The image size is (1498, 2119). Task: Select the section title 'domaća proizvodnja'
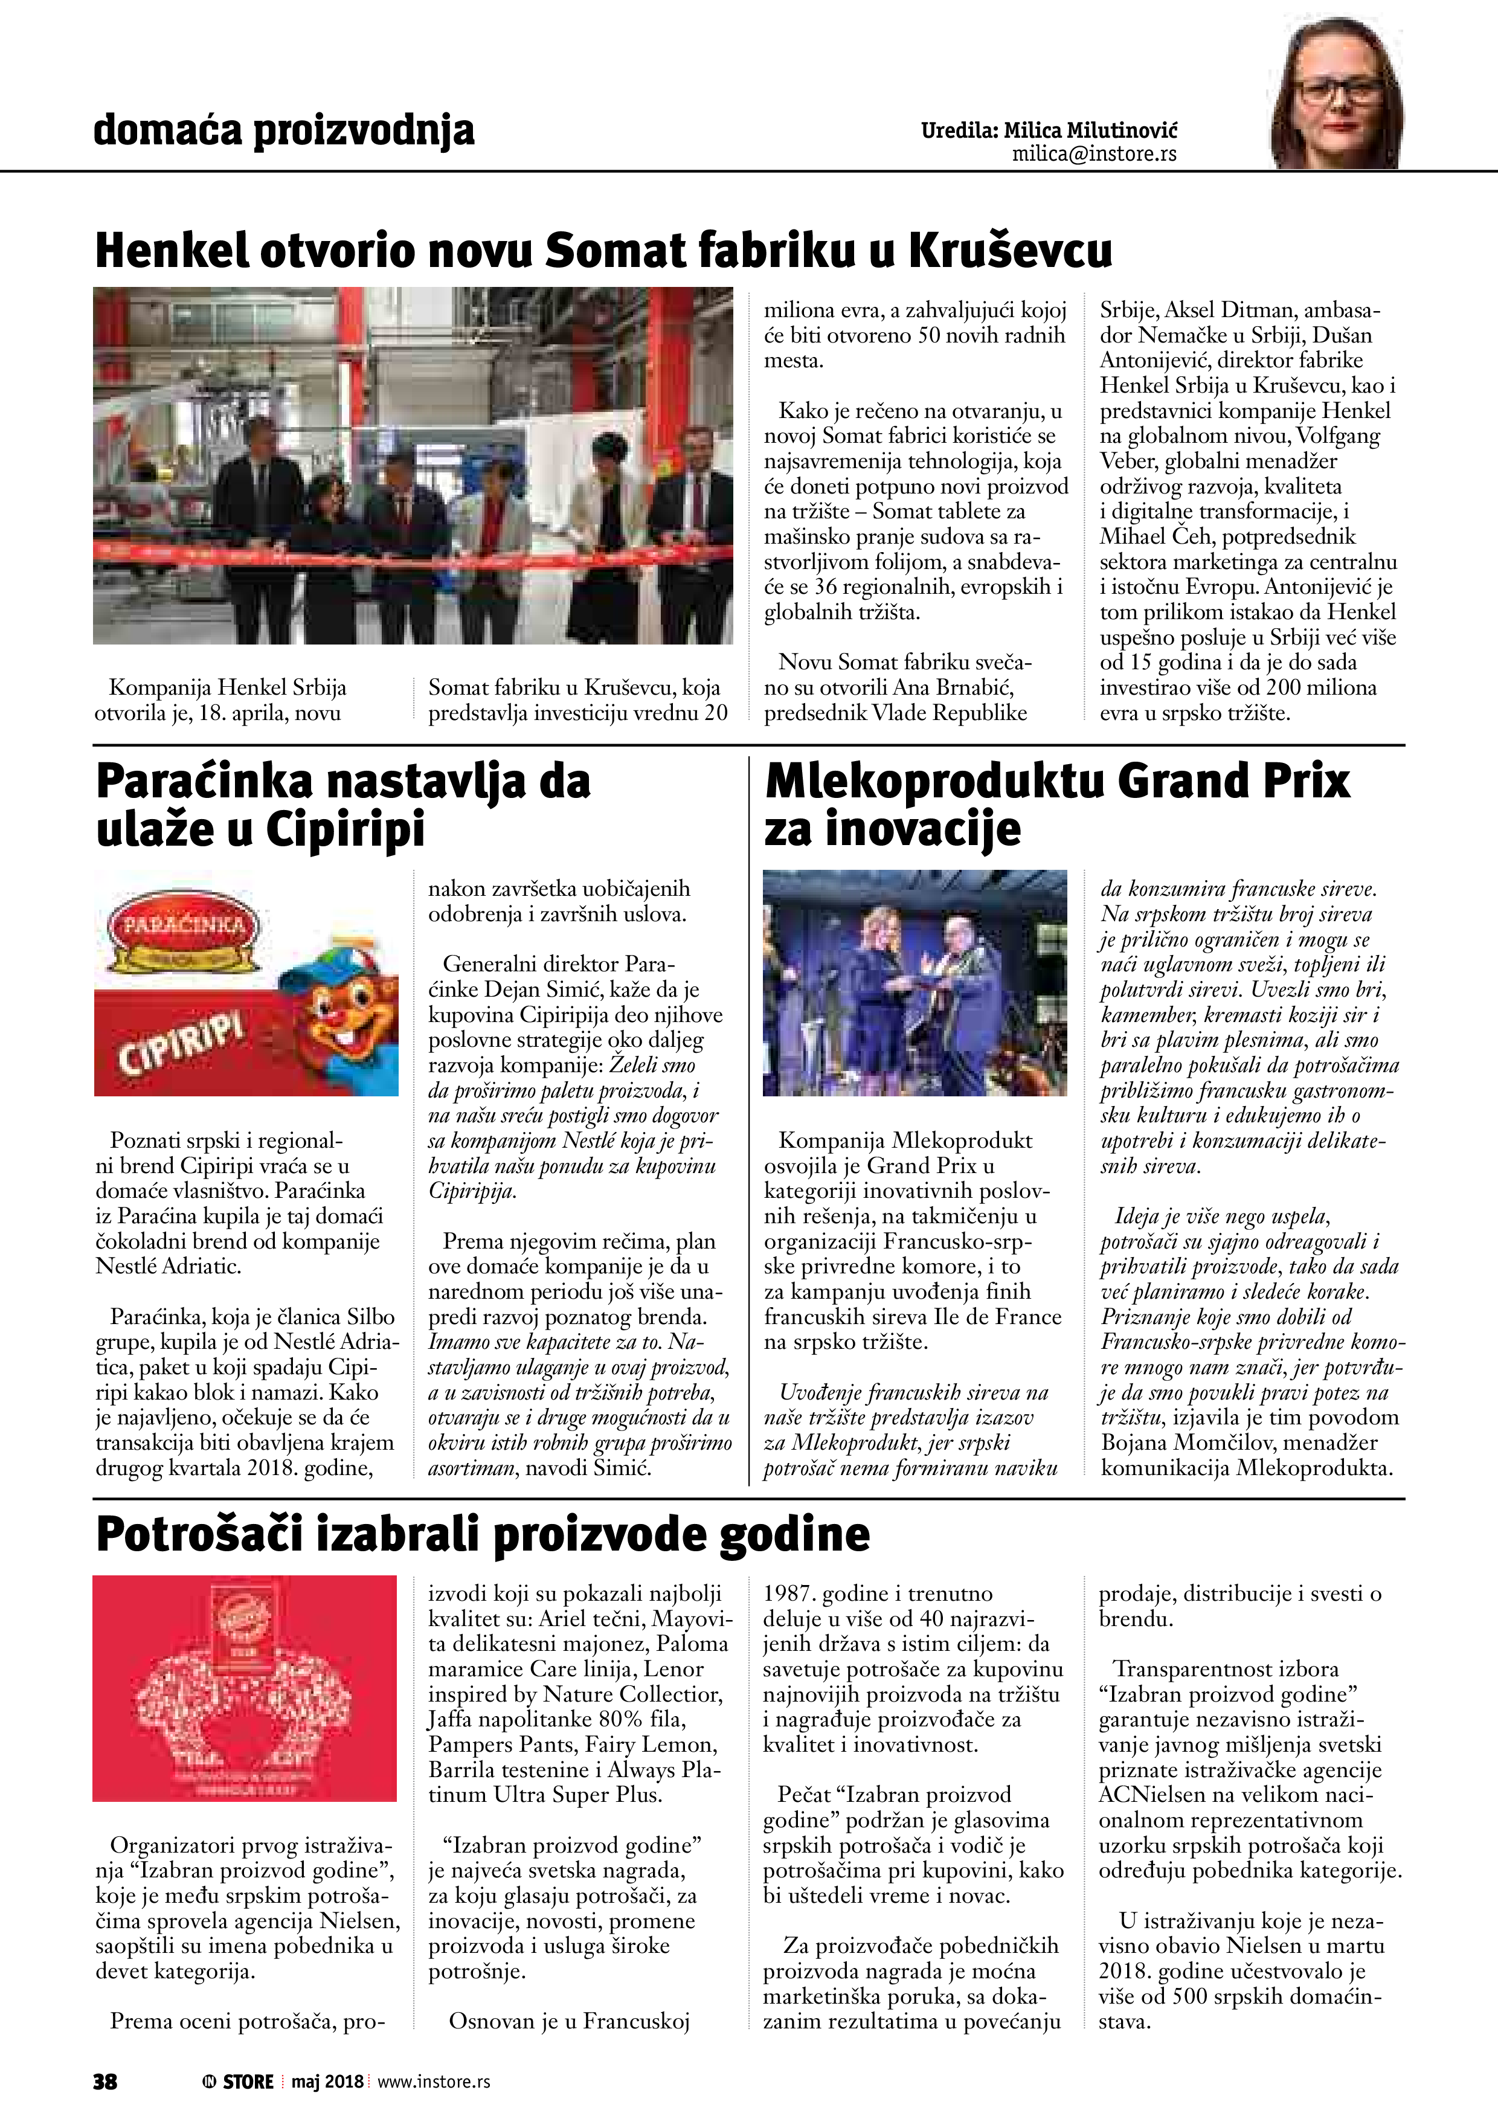(x=283, y=130)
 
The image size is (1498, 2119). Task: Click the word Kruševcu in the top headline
(x=1010, y=249)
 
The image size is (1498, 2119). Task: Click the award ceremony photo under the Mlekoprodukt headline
(x=915, y=982)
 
